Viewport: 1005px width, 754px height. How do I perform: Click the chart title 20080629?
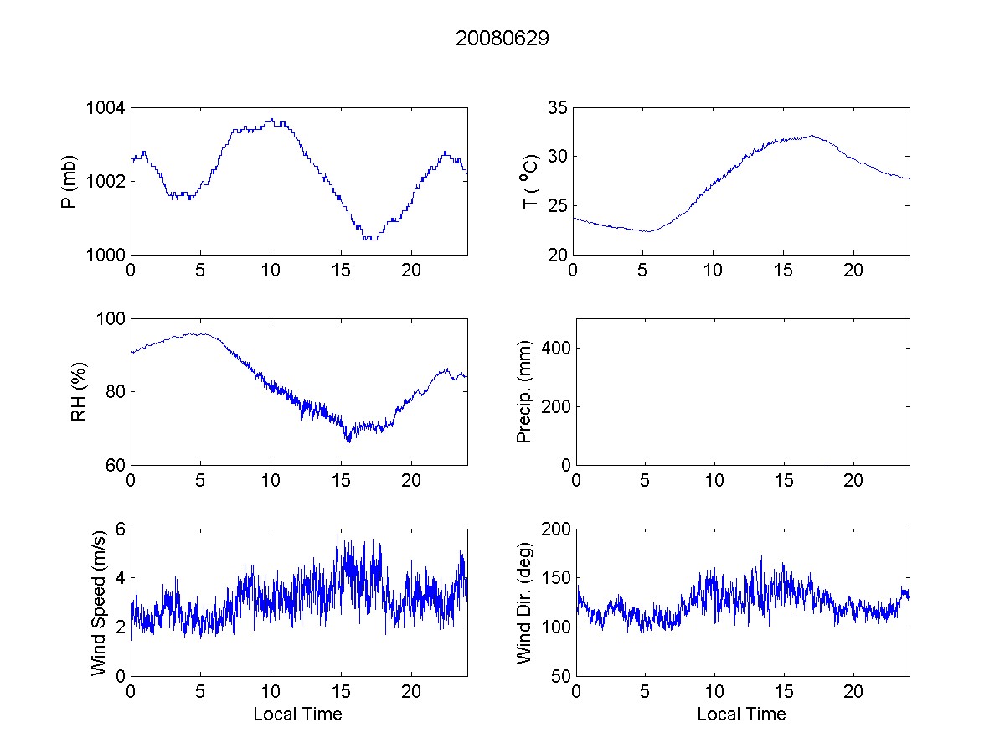tap(502, 39)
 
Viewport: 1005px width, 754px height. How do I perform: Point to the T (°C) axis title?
tap(530, 181)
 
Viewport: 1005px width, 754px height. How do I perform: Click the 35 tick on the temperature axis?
tap(557, 108)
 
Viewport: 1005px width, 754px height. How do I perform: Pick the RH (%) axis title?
tap(79, 391)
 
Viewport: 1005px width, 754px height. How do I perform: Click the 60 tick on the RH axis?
tap(116, 465)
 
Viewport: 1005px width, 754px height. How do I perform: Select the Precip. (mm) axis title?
tap(525, 391)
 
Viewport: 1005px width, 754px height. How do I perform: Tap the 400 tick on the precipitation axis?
tap(553, 348)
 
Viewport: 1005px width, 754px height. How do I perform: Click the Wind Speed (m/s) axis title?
tap(99, 602)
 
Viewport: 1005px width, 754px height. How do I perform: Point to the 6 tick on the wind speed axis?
tap(121, 529)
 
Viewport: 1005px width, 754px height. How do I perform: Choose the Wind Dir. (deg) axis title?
tap(525, 602)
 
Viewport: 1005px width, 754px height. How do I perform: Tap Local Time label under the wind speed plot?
tap(297, 714)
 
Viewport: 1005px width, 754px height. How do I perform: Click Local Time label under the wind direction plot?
tap(741, 714)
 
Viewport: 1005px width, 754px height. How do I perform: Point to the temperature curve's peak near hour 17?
tap(811, 136)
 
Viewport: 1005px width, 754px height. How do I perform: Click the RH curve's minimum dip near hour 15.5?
tap(348, 441)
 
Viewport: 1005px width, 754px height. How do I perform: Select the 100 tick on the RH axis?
tap(111, 319)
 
